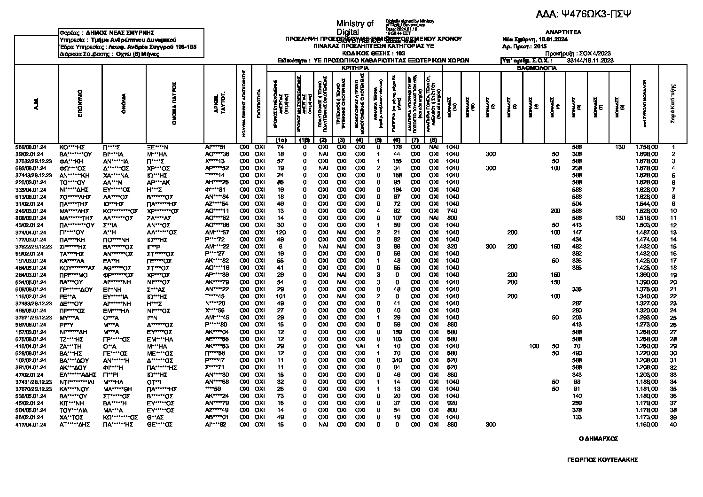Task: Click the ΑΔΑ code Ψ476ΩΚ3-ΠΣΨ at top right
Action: [x=583, y=15]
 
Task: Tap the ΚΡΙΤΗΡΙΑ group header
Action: [x=355, y=68]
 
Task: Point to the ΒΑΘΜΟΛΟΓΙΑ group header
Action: [x=537, y=68]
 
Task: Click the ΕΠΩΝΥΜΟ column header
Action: [x=80, y=104]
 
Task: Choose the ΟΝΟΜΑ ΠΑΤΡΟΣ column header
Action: [x=174, y=104]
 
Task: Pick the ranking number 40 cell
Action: [x=673, y=425]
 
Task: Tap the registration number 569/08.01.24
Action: [x=30, y=147]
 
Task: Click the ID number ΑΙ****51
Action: [x=216, y=147]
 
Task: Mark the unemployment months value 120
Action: [x=281, y=233]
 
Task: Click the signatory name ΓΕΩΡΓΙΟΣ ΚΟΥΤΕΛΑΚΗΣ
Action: [x=602, y=460]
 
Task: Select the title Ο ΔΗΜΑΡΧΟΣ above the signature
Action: [x=598, y=439]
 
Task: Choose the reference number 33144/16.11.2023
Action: [x=590, y=61]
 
